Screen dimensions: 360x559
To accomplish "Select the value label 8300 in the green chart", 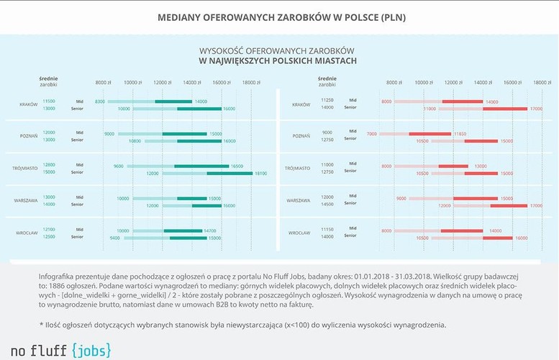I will [x=100, y=102].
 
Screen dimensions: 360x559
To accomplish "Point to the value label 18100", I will [x=260, y=173].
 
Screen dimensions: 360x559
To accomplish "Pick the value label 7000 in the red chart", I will [x=371, y=134].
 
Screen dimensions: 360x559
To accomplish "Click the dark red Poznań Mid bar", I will [x=430, y=134].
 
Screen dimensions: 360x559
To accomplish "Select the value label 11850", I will [x=461, y=134].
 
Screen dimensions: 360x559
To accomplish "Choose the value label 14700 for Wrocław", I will [x=210, y=230].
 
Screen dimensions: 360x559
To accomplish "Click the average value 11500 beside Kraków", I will [x=49, y=101].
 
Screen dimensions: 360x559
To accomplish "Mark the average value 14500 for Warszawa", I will [x=327, y=205].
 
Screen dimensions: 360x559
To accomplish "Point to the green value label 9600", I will [x=119, y=166].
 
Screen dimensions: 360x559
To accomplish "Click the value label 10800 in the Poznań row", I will [x=135, y=141].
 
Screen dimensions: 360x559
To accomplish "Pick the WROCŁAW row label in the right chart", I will [x=299, y=233].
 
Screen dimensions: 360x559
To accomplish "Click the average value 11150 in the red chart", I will [x=327, y=230].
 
